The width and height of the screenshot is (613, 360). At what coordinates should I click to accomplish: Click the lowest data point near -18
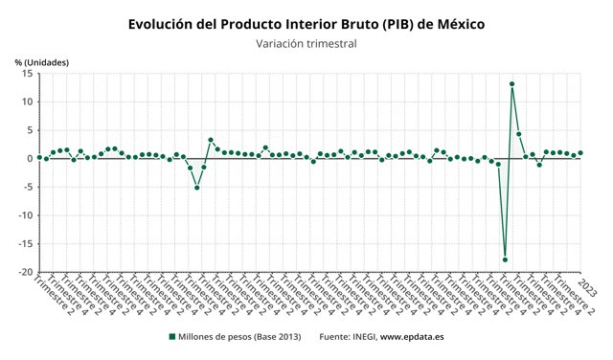point(505,259)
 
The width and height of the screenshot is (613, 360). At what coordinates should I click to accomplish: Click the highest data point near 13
point(512,84)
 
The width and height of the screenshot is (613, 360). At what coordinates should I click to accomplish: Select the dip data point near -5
point(197,188)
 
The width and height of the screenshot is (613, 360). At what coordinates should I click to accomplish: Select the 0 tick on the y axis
point(30,159)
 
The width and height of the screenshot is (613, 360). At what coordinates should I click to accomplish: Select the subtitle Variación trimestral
point(306,43)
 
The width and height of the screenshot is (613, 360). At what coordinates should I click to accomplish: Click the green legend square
point(172,336)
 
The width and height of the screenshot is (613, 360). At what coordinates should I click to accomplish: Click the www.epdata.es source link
point(412,336)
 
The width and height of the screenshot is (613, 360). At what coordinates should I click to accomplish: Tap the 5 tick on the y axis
point(30,130)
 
